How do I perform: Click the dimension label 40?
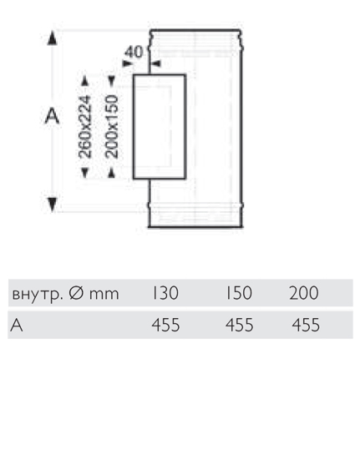point(134,52)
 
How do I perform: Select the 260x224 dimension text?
point(84,126)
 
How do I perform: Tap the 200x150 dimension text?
point(112,126)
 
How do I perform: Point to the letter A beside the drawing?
point(52,117)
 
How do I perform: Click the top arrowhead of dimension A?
point(53,38)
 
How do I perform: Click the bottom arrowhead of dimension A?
point(53,205)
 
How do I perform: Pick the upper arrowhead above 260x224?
point(85,81)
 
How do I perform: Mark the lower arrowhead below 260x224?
point(85,173)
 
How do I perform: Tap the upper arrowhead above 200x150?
point(112,81)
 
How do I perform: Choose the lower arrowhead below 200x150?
point(112,173)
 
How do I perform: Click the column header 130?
point(165,293)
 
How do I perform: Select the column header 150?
point(239,293)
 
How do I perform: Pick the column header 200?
point(304,293)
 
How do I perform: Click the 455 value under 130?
point(165,325)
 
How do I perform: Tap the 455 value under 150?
point(240,325)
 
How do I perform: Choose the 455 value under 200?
point(306,325)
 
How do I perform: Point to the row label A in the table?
point(17,325)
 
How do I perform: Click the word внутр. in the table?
point(38,295)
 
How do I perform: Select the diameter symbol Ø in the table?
point(77,293)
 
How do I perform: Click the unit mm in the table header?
point(104,295)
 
